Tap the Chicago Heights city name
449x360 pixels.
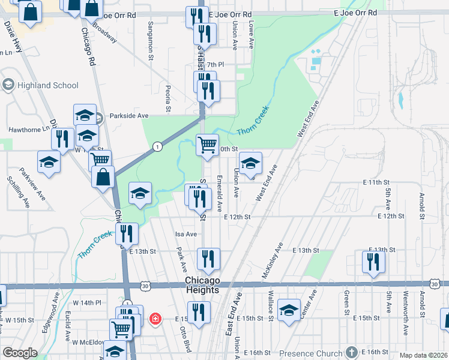click(202, 286)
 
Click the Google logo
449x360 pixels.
click(20, 353)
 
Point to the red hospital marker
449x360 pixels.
click(155, 318)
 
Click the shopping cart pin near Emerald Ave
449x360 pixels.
click(207, 144)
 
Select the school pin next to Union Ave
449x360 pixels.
click(250, 162)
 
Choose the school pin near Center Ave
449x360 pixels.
click(289, 309)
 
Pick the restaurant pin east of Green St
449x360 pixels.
click(373, 261)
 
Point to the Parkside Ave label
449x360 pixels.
click(128, 115)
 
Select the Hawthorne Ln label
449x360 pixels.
click(28, 129)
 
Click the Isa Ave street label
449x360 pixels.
click(186, 234)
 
